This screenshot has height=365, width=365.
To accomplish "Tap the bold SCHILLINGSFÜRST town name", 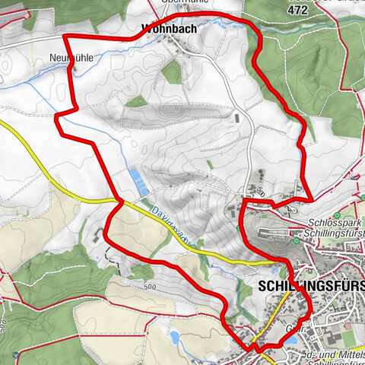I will [x=312, y=285].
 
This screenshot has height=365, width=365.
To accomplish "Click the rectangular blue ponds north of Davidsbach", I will [x=138, y=181].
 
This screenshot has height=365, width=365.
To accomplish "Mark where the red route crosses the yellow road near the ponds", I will [x=119, y=202].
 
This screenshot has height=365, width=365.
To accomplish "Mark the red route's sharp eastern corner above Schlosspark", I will [x=311, y=199].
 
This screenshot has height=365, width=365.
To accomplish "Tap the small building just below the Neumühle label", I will [x=74, y=68].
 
